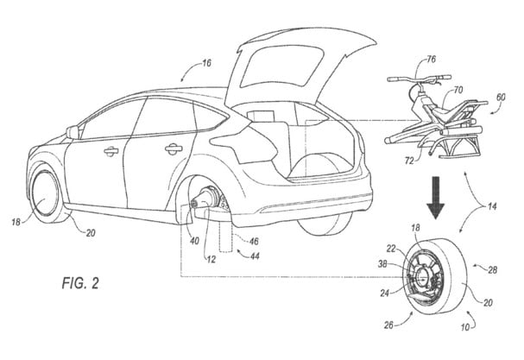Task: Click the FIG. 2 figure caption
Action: pyautogui.click(x=80, y=283)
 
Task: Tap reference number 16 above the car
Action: pyautogui.click(x=207, y=63)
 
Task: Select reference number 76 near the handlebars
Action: pyautogui.click(x=432, y=60)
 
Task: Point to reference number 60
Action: pyautogui.click(x=501, y=98)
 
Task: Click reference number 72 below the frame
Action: pyautogui.click(x=409, y=161)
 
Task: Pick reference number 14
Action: pyautogui.click(x=491, y=206)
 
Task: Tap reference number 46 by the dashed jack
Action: pyautogui.click(x=254, y=241)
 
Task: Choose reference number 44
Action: pyautogui.click(x=255, y=256)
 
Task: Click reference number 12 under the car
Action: pyautogui.click(x=211, y=259)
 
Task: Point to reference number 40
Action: pyautogui.click(x=194, y=241)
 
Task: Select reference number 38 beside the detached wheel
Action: pyautogui.click(x=383, y=264)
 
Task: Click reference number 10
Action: pyautogui.click(x=465, y=327)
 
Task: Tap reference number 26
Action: pyautogui.click(x=388, y=325)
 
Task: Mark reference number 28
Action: pyautogui.click(x=493, y=269)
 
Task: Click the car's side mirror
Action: pyautogui.click(x=73, y=132)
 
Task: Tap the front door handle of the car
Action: pyautogui.click(x=111, y=151)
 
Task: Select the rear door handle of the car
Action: pyautogui.click(x=174, y=148)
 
